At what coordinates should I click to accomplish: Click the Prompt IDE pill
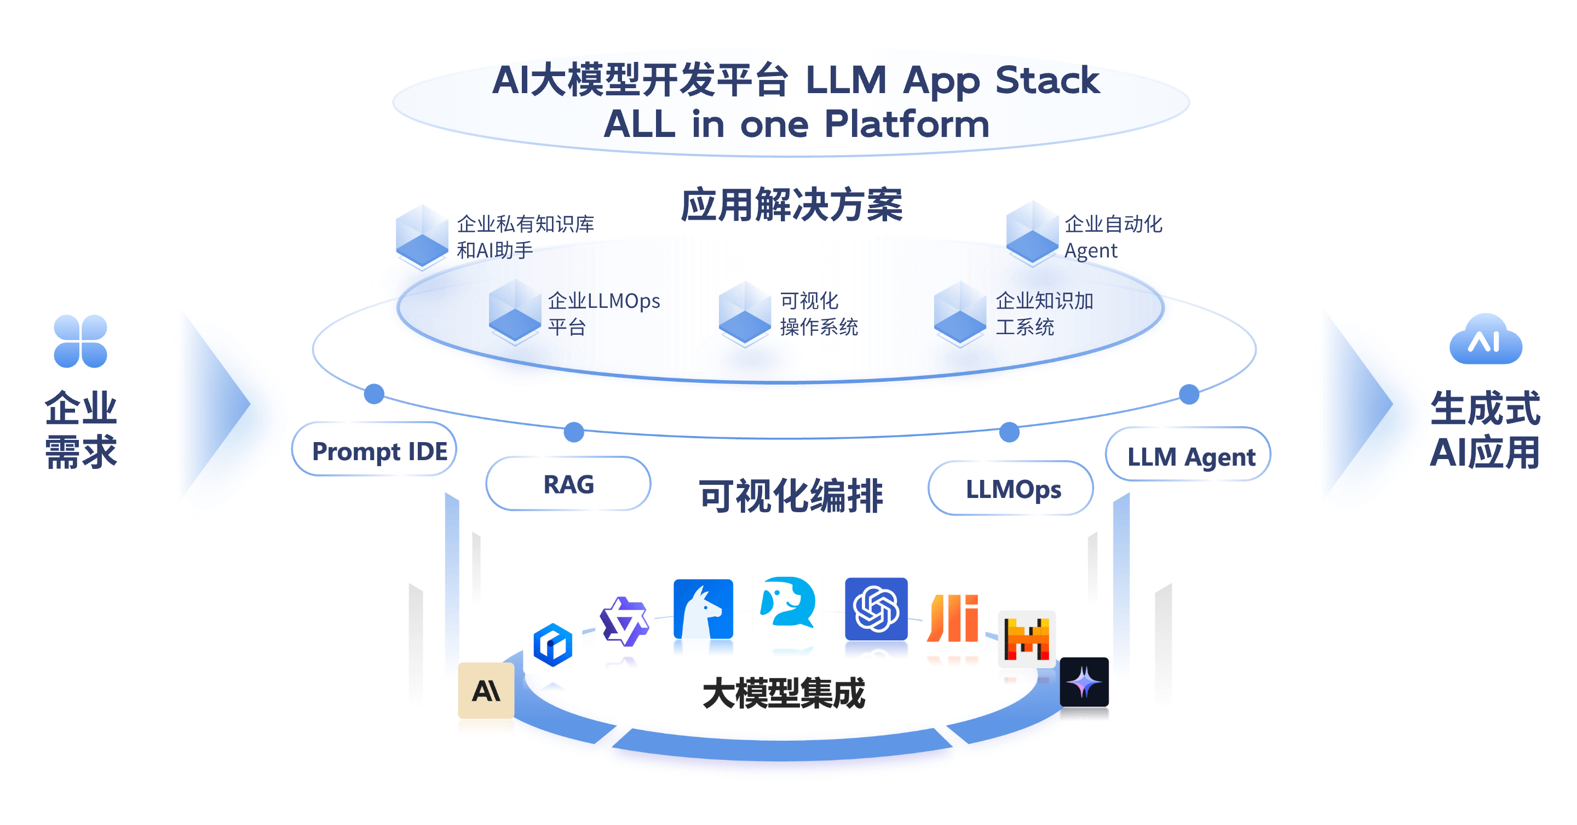coord(374,450)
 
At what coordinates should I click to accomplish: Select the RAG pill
coord(568,484)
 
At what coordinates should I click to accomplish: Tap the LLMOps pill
coord(1011,489)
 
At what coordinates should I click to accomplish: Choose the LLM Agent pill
coord(1188,455)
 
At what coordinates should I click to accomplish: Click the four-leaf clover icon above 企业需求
coord(80,341)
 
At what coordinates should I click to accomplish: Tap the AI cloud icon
coord(1485,340)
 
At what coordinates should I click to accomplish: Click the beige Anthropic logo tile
coord(486,690)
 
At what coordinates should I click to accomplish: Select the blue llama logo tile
coord(703,609)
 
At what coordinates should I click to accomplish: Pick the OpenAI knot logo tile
coord(876,609)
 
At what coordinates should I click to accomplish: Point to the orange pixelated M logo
coord(1027,638)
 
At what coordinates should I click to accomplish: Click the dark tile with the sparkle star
coord(1084,681)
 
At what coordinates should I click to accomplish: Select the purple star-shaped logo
coord(624,621)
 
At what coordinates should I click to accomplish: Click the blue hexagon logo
coord(553,644)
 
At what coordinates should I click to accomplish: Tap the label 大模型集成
coord(784,694)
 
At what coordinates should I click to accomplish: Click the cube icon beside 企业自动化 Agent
coord(1032,233)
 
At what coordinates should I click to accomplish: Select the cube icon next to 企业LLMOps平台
coord(514,311)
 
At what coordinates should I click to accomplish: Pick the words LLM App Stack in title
coord(952,79)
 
